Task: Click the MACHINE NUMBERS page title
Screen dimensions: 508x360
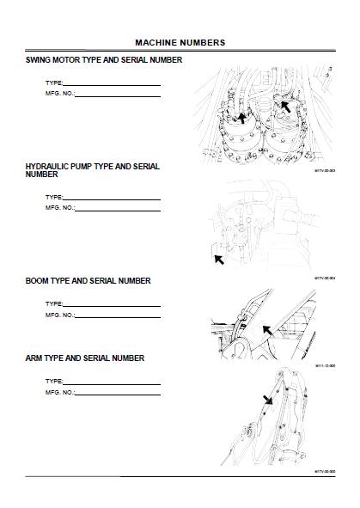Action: pyautogui.click(x=180, y=41)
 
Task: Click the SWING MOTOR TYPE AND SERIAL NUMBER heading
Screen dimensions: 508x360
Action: pyautogui.click(x=104, y=59)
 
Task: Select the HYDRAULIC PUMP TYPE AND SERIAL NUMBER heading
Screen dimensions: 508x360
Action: pyautogui.click(x=92, y=169)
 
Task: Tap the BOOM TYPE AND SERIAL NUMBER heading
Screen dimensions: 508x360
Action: pyautogui.click(x=88, y=281)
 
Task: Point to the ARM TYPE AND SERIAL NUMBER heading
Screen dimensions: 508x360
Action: pyautogui.click(x=84, y=358)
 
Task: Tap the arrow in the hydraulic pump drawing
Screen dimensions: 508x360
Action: pyautogui.click(x=218, y=257)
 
